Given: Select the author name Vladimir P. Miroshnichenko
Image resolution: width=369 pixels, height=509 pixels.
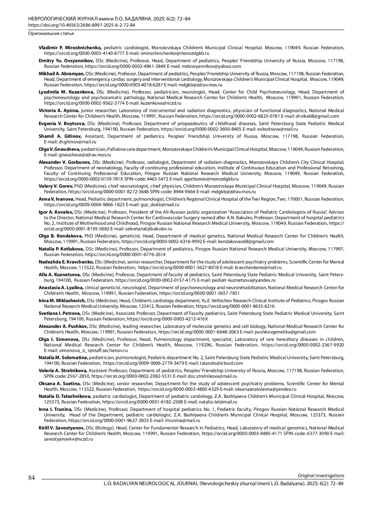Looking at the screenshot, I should pos(70,48).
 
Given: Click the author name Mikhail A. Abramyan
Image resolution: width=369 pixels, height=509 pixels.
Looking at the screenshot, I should pos(61,74).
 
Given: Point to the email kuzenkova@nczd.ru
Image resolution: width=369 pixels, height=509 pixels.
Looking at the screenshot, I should pos(161,103).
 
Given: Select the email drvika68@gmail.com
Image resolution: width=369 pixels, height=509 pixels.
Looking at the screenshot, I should pos(317,116).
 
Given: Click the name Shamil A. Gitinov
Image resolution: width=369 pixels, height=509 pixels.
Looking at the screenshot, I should pos(60,136).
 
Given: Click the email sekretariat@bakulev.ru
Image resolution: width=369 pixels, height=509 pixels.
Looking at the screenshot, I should pos(149,229).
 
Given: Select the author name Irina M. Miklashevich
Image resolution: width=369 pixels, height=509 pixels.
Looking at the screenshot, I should pos(62,301).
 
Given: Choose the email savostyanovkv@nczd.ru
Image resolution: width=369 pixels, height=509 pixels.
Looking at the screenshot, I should pos(69,439).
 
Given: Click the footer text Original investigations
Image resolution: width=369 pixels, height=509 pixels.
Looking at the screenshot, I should pos(321,475).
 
